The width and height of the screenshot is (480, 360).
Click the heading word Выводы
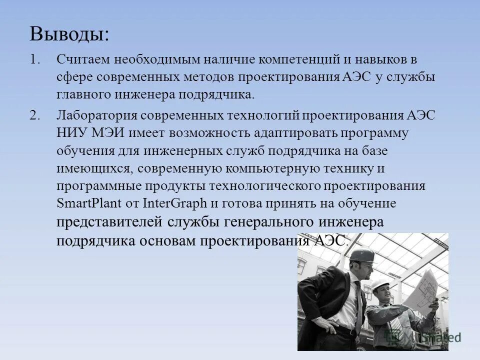68,34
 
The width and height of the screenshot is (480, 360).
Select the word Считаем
83,59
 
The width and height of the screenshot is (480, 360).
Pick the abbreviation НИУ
71,133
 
